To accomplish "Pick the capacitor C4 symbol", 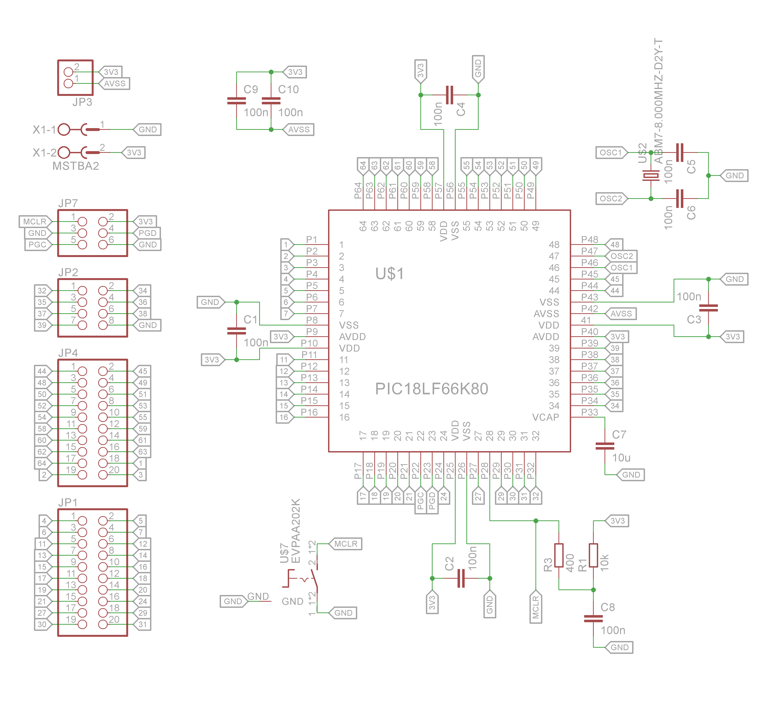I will tap(449, 95).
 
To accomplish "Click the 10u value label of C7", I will tap(621, 458).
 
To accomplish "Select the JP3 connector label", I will tap(82, 102).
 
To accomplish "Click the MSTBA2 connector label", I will tap(76, 166).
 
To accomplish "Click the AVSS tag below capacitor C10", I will tap(299, 129).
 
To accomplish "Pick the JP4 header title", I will tap(68, 353).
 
